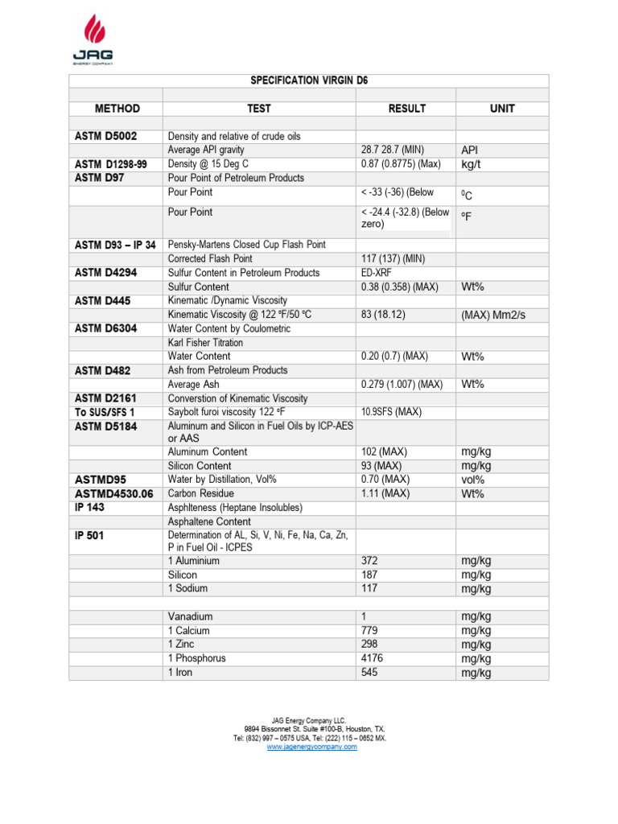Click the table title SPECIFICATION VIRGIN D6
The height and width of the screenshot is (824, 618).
(x=308, y=81)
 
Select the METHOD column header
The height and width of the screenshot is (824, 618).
(x=117, y=109)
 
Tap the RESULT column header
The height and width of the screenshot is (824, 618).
(x=406, y=109)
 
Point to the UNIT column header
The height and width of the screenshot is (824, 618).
(x=502, y=109)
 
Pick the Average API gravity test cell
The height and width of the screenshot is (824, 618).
(x=206, y=150)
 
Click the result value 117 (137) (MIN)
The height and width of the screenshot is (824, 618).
(x=398, y=258)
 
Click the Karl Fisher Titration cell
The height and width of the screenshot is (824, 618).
(x=205, y=343)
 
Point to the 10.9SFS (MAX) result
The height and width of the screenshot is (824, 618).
(x=391, y=412)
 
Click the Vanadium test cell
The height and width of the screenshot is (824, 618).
(x=191, y=616)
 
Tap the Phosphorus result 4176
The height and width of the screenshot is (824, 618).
(x=373, y=658)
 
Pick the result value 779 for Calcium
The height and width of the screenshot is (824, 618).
(x=369, y=630)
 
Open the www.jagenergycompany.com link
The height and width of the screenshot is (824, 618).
(x=311, y=747)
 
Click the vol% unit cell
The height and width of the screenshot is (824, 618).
(x=473, y=480)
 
